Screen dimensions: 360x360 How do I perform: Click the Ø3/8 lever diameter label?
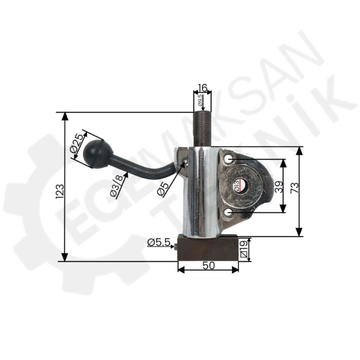coord(117,185)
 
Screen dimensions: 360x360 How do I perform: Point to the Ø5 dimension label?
coord(162,187)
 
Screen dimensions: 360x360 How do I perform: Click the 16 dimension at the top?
coord(202,88)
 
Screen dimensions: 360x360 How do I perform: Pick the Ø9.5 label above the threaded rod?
coord(200,100)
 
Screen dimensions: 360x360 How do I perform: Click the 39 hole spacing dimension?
coord(278,186)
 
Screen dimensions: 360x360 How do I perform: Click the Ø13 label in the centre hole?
coord(237,186)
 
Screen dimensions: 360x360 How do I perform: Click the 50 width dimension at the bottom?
coord(208,265)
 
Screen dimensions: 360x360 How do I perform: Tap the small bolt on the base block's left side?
coord(175,247)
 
